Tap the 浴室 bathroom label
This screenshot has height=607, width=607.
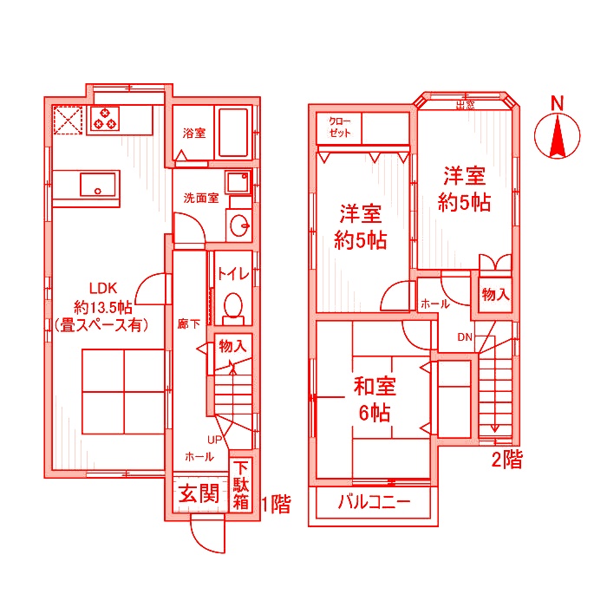coord(194,134)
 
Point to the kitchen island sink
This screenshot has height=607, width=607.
coord(99,184)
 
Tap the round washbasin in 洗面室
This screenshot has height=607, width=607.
coord(241,227)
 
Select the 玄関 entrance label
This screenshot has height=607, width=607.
coord(199,495)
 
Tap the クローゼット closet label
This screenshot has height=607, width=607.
coord(337,127)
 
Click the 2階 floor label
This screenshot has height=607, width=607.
coord(507,460)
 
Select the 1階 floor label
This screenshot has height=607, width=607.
coord(274,502)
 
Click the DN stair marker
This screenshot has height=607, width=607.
coord(465,337)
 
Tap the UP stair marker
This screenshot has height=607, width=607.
coord(212,439)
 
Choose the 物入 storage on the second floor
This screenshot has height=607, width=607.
coord(495,295)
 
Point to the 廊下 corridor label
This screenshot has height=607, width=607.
coord(188,324)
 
